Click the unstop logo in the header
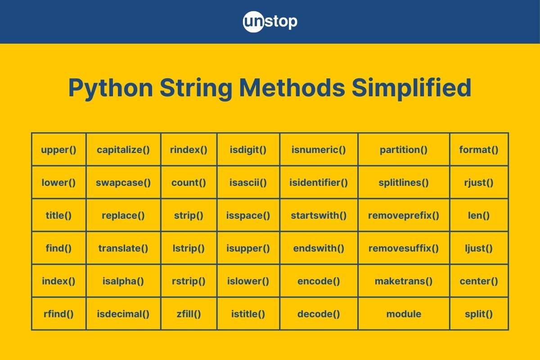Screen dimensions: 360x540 [x=270, y=22]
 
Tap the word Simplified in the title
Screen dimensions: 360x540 [x=411, y=88]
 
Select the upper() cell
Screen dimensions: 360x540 [x=58, y=149]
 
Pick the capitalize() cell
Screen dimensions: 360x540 [x=123, y=149]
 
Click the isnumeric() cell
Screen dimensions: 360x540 [x=319, y=149]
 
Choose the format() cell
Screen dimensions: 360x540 [x=479, y=149]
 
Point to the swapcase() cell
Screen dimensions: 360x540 [x=123, y=183]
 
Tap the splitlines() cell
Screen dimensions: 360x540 [x=404, y=183]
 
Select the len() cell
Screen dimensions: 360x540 [x=479, y=216]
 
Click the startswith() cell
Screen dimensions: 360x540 [x=319, y=216]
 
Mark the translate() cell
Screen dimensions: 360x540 [x=123, y=248]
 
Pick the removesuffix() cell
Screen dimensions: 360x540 [x=404, y=248]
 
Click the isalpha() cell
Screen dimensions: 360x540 [x=123, y=281]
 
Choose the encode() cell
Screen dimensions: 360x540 [x=319, y=281]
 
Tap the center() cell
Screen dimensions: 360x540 [x=479, y=281]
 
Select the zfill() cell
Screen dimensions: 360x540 [x=189, y=314]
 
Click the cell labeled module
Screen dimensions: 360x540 [x=404, y=314]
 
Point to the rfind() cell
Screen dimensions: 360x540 [x=58, y=314]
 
